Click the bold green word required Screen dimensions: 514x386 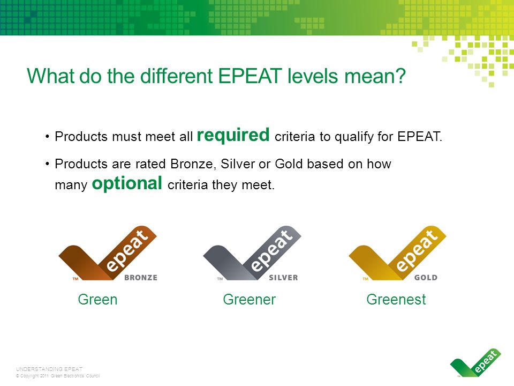point(233,136)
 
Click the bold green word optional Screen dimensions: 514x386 point(127,183)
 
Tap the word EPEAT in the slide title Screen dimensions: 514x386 point(250,76)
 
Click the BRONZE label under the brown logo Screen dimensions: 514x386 point(141,278)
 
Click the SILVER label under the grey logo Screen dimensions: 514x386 point(284,278)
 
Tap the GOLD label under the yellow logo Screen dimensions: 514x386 point(426,278)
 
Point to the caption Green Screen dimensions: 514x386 point(97,299)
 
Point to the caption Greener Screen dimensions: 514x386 point(249,299)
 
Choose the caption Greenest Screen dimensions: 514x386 point(396,299)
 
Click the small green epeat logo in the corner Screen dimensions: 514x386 point(475,362)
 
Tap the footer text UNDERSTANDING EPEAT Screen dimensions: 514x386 point(49,369)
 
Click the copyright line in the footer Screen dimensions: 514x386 point(58,376)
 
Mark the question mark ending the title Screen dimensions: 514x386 point(402,76)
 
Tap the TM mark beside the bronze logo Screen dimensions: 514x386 point(75,279)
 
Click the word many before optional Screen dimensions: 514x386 point(71,185)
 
